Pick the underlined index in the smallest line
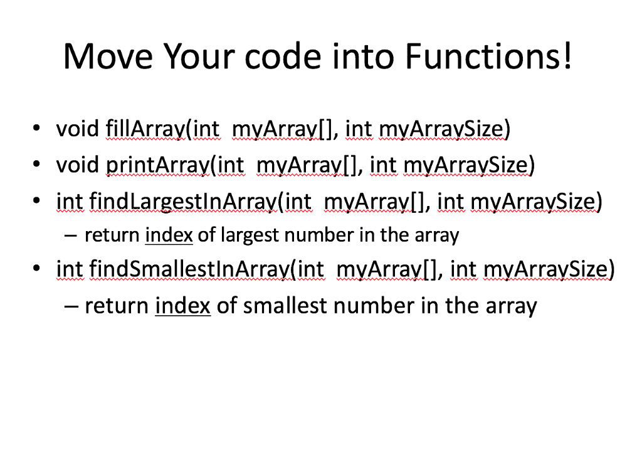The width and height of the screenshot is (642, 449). pos(182,306)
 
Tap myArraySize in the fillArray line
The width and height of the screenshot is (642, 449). pos(442,129)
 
